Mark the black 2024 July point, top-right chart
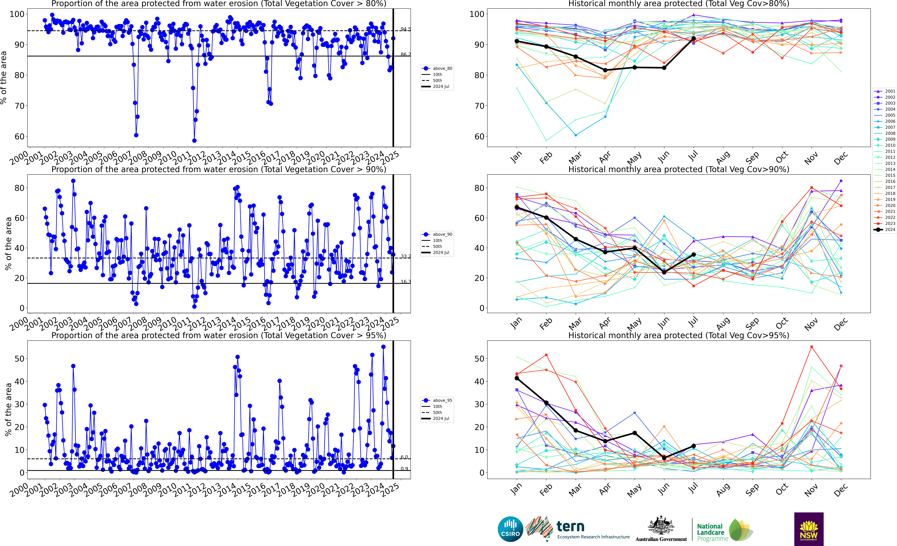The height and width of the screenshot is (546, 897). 694,39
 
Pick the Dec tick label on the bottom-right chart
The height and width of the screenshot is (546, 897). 841,490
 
